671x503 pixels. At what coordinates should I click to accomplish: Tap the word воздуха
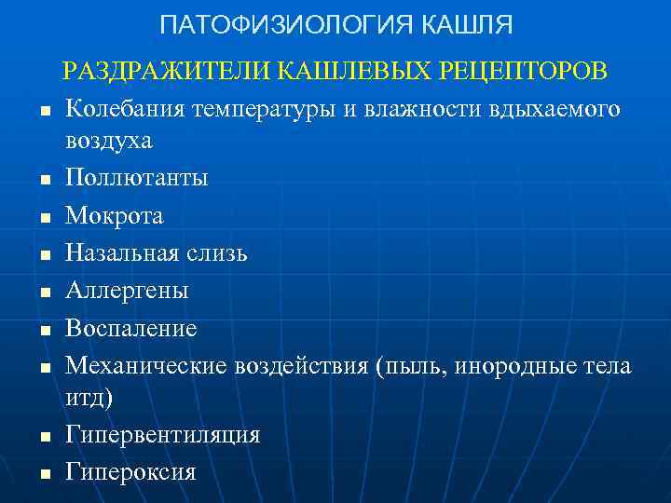coord(109,143)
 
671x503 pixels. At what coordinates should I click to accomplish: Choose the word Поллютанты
coord(136,178)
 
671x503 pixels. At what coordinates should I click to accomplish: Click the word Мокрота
coord(114,215)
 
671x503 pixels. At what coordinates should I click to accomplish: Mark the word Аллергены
coord(127,290)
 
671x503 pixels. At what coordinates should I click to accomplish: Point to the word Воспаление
coord(130,327)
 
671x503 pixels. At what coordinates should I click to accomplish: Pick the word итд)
coord(89,399)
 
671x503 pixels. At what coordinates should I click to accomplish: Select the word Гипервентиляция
coord(162,435)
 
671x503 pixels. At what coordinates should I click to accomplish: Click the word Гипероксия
coord(130,471)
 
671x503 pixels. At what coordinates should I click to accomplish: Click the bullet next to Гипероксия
coord(44,474)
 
